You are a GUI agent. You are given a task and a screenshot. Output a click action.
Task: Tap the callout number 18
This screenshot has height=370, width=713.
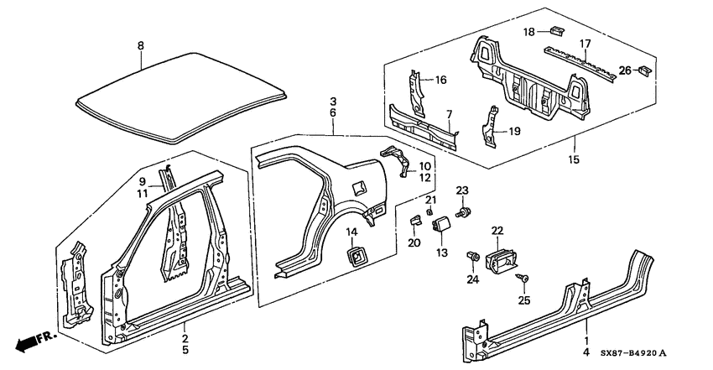click(528, 32)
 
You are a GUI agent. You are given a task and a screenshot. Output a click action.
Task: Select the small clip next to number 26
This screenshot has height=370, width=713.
click(645, 70)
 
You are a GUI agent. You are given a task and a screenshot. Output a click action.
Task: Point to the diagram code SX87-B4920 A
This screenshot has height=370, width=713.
click(635, 353)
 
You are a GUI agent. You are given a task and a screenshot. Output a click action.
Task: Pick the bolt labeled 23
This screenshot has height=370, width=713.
click(464, 211)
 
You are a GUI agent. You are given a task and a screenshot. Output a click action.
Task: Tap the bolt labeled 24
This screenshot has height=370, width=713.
click(473, 257)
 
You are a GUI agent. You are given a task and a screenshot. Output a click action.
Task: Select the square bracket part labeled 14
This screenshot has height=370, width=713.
click(356, 257)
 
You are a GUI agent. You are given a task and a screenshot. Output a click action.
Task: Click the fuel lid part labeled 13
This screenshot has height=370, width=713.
click(441, 225)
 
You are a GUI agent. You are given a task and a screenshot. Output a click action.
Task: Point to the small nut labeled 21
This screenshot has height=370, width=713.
click(429, 211)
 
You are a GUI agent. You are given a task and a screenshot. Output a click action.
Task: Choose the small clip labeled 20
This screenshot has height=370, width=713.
click(416, 220)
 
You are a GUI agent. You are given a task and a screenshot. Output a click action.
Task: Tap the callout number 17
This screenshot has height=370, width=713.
click(585, 44)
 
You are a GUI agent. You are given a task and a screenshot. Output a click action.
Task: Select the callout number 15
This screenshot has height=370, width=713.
click(574, 159)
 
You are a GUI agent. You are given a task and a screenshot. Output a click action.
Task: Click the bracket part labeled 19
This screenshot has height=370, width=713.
click(489, 128)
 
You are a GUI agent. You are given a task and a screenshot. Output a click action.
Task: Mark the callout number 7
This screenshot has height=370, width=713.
click(450, 113)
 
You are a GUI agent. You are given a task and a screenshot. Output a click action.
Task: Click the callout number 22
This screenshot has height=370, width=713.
click(497, 231)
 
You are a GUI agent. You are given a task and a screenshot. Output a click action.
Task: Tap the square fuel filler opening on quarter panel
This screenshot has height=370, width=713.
click(359, 186)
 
